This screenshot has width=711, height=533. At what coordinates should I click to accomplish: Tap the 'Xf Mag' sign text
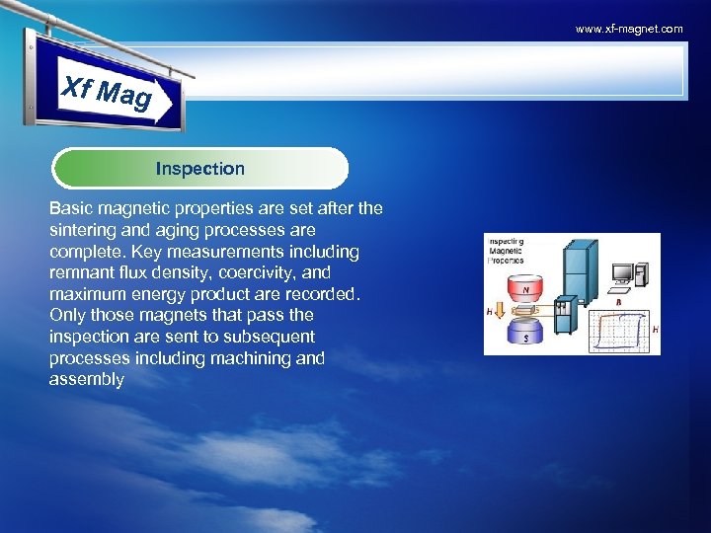coord(107,93)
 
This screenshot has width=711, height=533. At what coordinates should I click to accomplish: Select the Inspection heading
coord(199,169)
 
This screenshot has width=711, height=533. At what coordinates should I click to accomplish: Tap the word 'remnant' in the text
coord(81,272)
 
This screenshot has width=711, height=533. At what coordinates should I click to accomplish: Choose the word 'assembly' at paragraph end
coord(87,379)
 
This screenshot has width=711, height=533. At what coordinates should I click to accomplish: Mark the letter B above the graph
coord(618,303)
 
